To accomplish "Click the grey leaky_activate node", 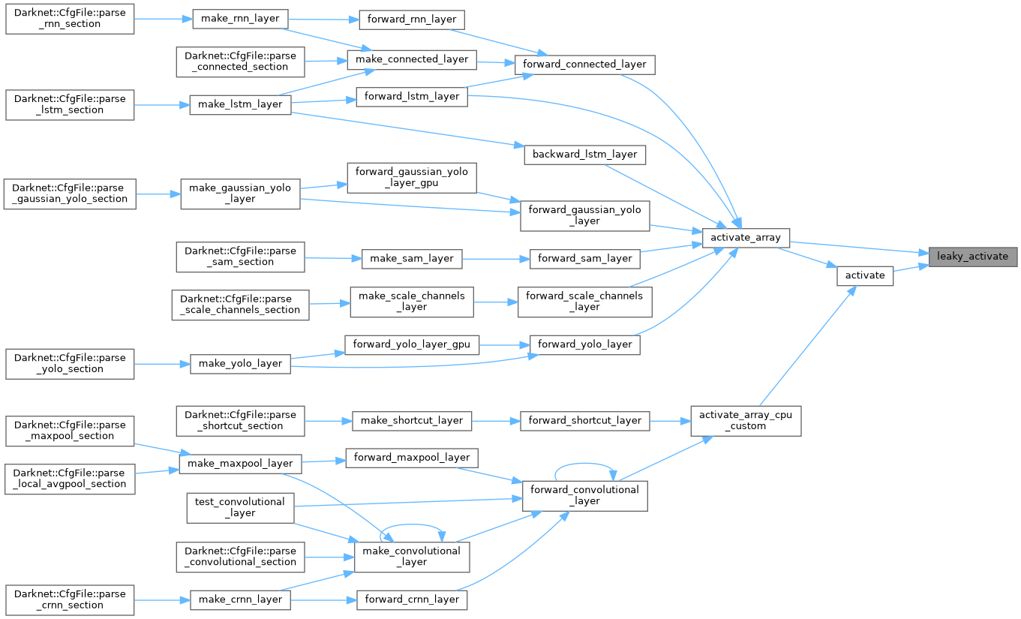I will point(973,256).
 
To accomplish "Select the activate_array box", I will point(745,238).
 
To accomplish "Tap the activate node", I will point(865,275).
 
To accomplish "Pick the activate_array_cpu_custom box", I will point(745,420).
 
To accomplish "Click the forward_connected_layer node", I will point(585,64).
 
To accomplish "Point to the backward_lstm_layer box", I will point(584,155).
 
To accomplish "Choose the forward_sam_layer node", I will point(585,258).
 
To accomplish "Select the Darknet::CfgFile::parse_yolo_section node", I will point(70,363).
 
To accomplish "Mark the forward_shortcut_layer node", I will point(585,420).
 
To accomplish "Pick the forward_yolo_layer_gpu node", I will point(411,345).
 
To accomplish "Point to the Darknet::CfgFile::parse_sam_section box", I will point(240,256).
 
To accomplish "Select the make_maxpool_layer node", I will point(240,463).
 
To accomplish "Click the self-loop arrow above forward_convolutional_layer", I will point(585,464).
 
